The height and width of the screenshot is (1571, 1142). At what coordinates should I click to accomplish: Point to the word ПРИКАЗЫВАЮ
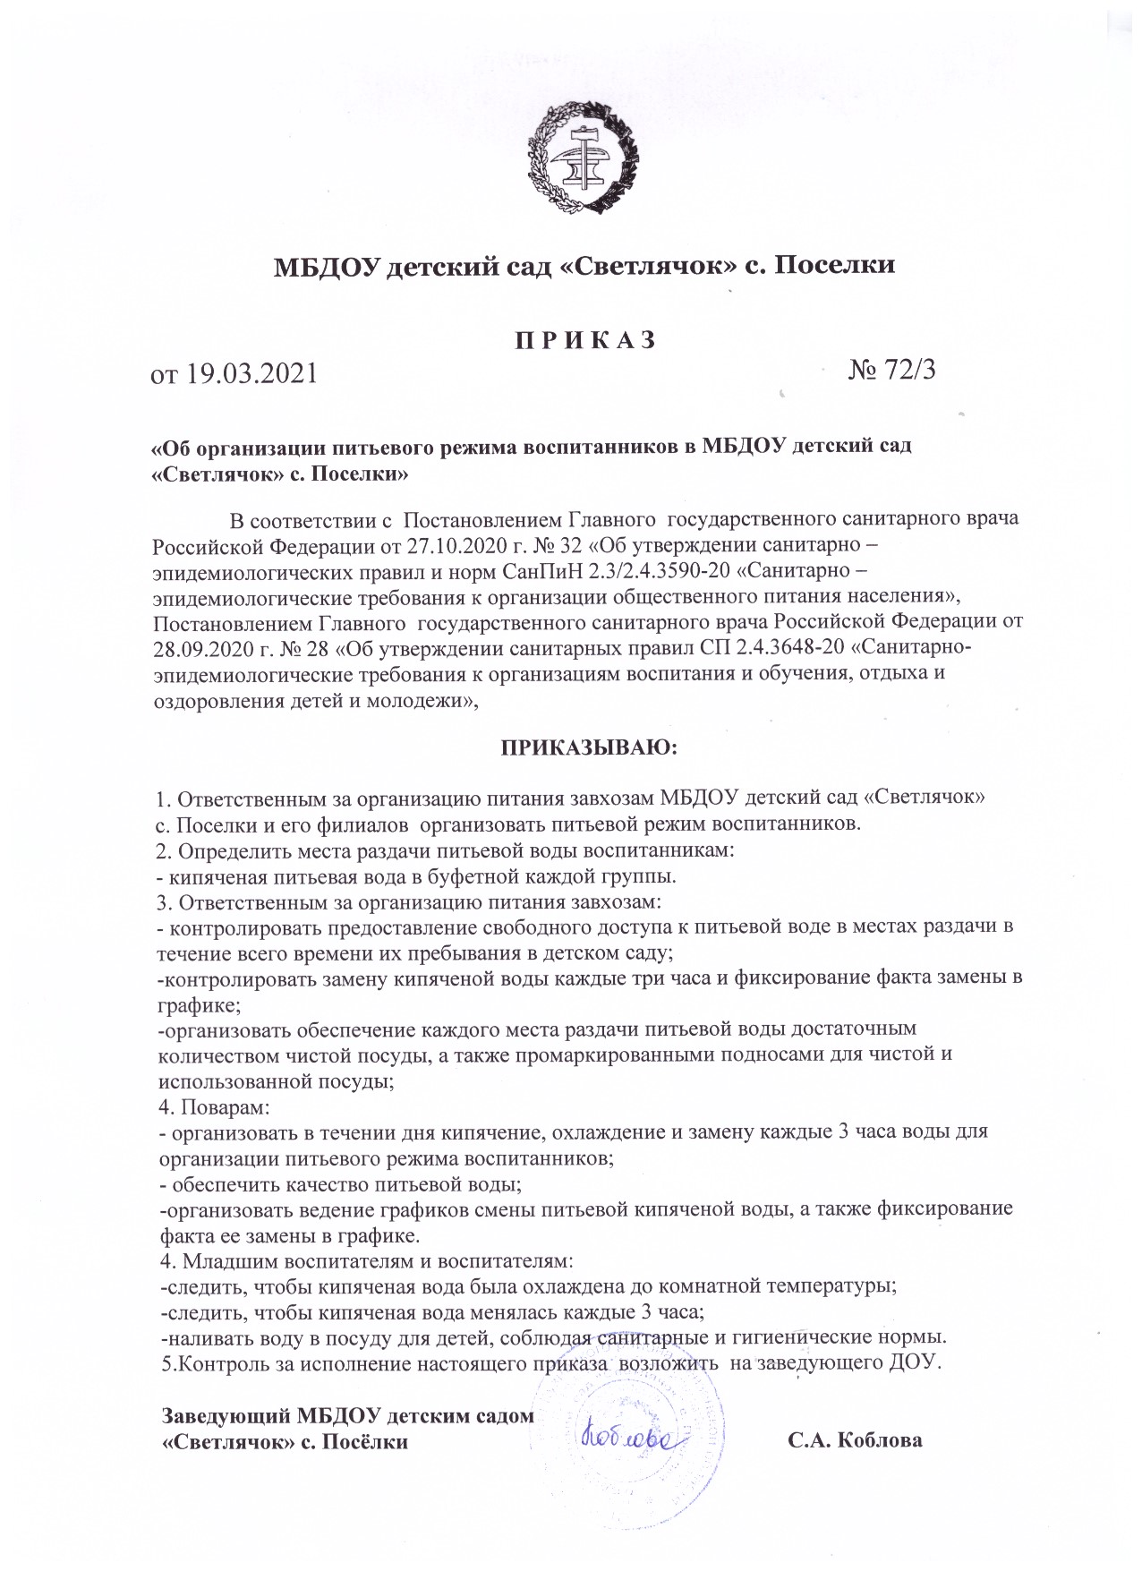583,747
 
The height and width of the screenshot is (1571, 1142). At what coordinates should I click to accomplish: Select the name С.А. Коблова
855,1441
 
